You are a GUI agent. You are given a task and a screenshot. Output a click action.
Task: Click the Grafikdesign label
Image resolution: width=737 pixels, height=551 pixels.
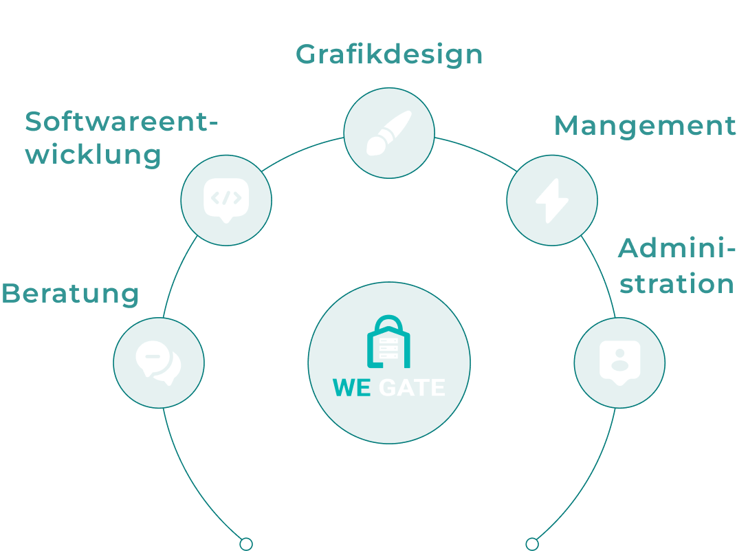coord(389,54)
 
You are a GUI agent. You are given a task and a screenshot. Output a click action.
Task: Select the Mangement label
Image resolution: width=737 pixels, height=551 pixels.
coord(644,126)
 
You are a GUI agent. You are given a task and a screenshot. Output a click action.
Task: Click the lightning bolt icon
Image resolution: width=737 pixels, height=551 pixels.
coord(552,200)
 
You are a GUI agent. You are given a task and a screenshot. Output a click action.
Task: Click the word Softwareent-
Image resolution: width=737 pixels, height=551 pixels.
coord(121,122)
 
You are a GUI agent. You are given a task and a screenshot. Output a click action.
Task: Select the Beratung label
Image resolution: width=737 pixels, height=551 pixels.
coord(71,294)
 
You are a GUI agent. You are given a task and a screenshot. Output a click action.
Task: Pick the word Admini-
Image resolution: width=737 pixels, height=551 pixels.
coord(676,249)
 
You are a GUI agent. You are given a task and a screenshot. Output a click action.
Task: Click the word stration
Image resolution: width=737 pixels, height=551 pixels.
coord(676,283)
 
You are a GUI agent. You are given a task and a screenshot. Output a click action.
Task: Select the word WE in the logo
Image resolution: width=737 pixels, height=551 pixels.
coord(352,388)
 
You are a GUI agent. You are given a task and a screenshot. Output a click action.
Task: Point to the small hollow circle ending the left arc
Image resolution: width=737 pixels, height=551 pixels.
coord(246,544)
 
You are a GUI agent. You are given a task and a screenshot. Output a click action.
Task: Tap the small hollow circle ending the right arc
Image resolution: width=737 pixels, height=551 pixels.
coord(532,544)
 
